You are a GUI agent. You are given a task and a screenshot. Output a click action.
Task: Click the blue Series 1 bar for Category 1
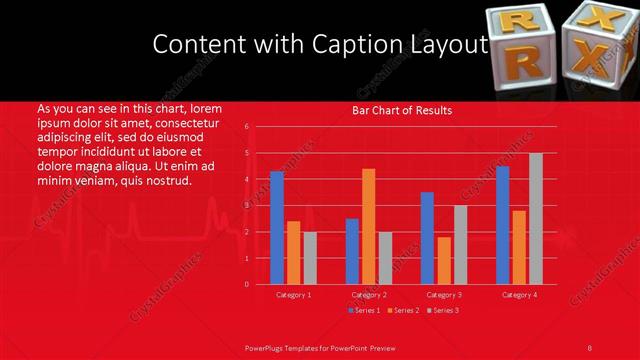coord(277,228)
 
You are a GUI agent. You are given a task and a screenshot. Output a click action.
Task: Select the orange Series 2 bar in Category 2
coord(369,226)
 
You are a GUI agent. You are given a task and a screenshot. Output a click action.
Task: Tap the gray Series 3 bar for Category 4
coord(536,219)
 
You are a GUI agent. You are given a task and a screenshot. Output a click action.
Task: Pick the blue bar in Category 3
coord(427,238)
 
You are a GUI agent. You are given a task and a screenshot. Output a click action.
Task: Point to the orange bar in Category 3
coord(444,261)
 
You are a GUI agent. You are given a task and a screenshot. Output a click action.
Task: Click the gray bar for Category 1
coord(310,258)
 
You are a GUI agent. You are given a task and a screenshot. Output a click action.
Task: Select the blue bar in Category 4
coord(502,225)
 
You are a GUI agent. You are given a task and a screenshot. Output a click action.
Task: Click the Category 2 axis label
coord(369,295)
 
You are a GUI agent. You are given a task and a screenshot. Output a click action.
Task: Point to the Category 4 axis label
coord(519,295)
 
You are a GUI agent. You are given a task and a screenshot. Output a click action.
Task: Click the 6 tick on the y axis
coord(246,127)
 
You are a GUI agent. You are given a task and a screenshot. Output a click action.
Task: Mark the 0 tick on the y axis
coord(246,284)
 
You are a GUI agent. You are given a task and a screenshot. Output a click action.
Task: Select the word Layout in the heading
coord(445,45)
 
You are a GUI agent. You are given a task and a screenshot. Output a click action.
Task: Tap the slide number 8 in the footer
coord(590,347)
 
